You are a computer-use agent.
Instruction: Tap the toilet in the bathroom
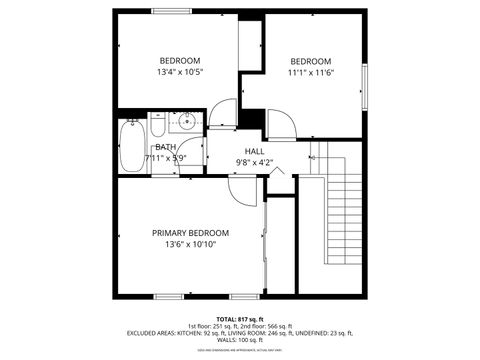tap(158, 127)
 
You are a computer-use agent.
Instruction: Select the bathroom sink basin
tap(183, 126)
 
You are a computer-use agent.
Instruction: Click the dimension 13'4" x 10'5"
tap(180, 72)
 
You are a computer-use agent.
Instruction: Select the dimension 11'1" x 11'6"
tap(310, 72)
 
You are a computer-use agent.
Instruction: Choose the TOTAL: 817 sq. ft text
tap(239, 318)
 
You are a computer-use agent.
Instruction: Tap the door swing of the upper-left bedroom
tap(224, 112)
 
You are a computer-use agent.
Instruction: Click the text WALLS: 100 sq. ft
tap(240, 340)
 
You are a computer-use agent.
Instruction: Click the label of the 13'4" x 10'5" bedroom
tap(180, 60)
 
